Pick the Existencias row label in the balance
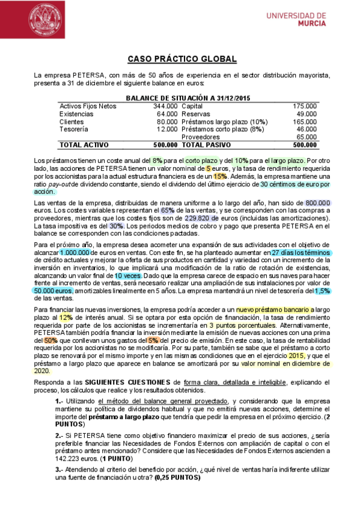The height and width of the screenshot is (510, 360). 76,114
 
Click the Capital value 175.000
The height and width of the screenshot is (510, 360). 305,106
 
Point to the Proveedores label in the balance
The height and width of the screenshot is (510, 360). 208,137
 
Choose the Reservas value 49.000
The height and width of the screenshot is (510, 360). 307,114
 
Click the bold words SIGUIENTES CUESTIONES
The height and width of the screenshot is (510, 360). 127,382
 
